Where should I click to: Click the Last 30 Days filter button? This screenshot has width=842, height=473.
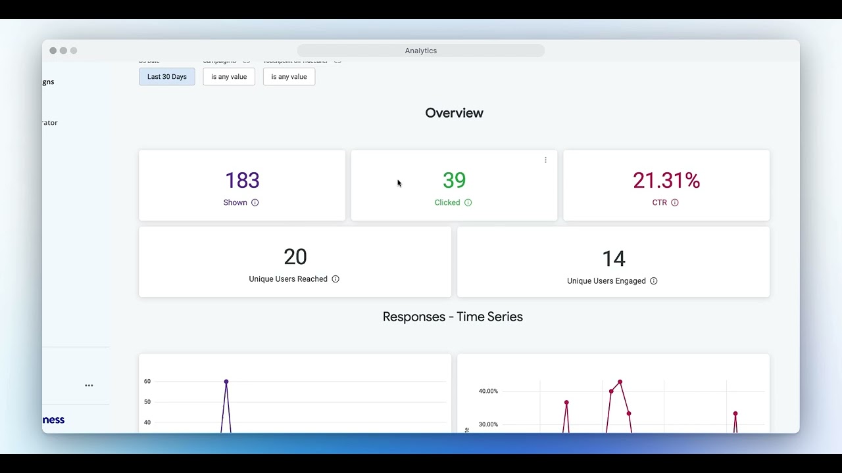pos(167,77)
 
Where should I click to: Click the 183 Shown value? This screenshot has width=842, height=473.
pos(242,180)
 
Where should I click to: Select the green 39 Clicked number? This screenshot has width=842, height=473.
pos(454,180)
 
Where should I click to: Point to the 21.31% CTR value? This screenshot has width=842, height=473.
pos(666,180)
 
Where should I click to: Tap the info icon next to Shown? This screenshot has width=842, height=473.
pos(255,202)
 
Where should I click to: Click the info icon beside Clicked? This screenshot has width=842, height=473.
pos(468,202)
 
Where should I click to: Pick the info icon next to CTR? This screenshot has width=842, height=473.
pos(675,202)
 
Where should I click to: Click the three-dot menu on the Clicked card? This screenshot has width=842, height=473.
pos(545,160)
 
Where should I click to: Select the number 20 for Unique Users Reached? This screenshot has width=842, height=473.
pos(295,256)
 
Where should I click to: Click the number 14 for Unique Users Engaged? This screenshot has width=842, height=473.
pos(614,258)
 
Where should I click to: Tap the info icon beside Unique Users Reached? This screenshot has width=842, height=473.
pos(335,279)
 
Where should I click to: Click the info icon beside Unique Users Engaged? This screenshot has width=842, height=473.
pos(654,281)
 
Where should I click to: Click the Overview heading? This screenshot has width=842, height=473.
pos(454,113)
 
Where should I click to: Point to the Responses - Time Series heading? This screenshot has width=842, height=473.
pos(453,317)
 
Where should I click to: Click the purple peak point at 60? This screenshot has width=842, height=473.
pos(226,382)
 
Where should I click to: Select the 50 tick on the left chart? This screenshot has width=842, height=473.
pos(147,402)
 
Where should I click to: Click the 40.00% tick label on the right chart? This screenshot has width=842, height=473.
pos(488,392)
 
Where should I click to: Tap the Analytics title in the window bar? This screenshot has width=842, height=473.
pos(421,51)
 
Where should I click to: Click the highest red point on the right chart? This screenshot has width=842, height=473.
pos(620,382)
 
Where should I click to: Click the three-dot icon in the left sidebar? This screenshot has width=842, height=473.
pos(89,386)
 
